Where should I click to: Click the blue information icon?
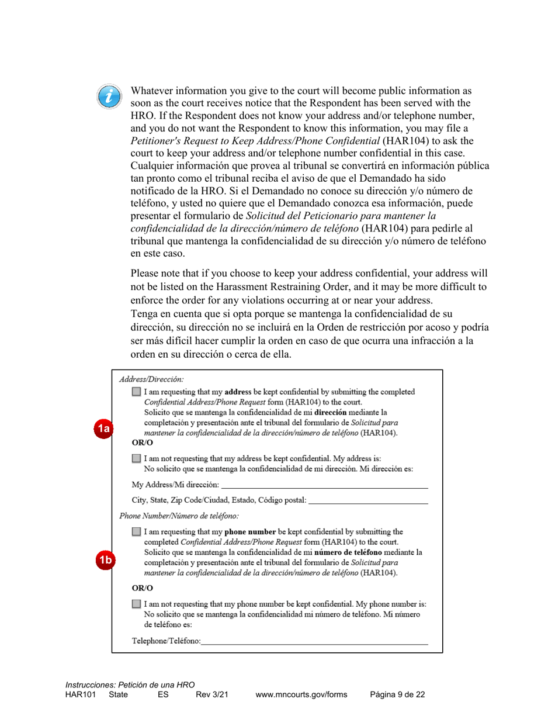tap(110, 96)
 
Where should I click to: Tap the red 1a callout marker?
tap(103, 428)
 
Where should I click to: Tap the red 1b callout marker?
tap(103, 559)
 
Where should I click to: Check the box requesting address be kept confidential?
tap(136, 392)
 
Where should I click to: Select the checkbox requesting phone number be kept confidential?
tap(136, 532)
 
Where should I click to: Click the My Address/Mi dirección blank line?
tap(324, 484)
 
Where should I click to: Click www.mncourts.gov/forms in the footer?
tap(301, 694)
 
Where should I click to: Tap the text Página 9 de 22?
tap(397, 694)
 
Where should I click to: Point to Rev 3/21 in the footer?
tap(211, 694)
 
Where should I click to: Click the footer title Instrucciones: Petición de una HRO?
tap(130, 685)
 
